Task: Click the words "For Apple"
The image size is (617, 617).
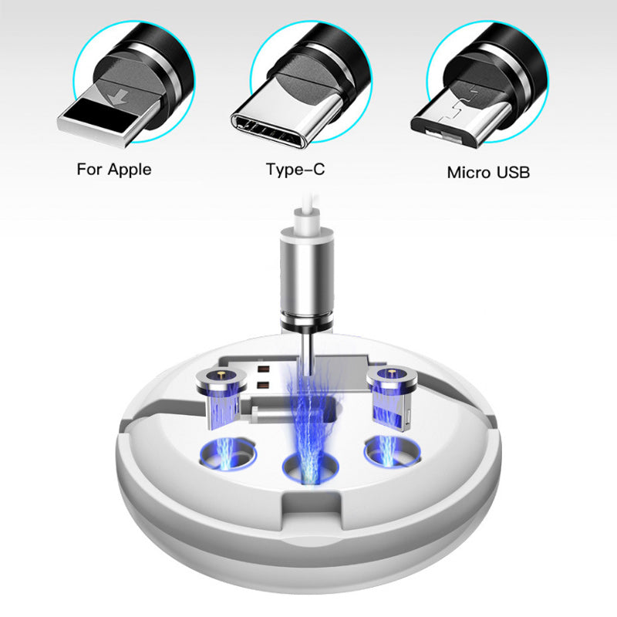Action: tap(114, 169)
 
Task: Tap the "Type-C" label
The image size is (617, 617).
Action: tap(295, 169)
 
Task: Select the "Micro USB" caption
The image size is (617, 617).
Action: tap(488, 172)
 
